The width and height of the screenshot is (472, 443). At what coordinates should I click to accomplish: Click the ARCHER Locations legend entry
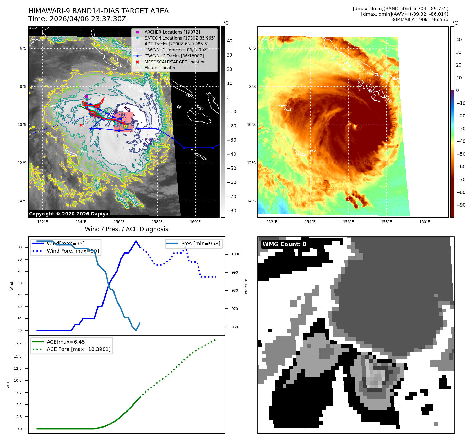[172, 32]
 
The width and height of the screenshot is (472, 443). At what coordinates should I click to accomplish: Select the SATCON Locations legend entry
[180, 38]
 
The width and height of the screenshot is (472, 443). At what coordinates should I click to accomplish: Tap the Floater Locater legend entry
[160, 68]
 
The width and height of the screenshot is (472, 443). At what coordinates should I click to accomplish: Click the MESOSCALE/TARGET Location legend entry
[175, 62]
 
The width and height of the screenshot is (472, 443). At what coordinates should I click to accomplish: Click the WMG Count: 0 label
[284, 244]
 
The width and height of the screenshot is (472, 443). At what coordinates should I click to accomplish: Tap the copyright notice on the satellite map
[69, 214]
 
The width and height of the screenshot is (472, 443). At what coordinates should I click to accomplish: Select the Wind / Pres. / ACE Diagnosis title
[127, 229]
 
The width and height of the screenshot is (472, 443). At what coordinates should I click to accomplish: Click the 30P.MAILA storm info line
[420, 20]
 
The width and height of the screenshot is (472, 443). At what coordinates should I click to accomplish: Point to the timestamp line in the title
[77, 19]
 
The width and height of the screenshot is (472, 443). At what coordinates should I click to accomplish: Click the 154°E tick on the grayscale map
[81, 222]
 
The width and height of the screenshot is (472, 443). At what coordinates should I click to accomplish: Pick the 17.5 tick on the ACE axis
[18, 344]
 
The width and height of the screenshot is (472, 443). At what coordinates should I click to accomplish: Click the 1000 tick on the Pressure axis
[236, 254]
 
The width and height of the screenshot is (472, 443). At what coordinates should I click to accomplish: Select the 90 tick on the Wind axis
[20, 247]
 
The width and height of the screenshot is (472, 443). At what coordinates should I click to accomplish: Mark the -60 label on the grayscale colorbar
[231, 182]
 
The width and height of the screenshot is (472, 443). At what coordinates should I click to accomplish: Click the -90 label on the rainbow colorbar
[461, 205]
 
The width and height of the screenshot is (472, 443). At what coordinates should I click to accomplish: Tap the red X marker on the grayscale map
[81, 125]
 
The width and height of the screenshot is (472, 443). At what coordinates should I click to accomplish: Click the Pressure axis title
[246, 286]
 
